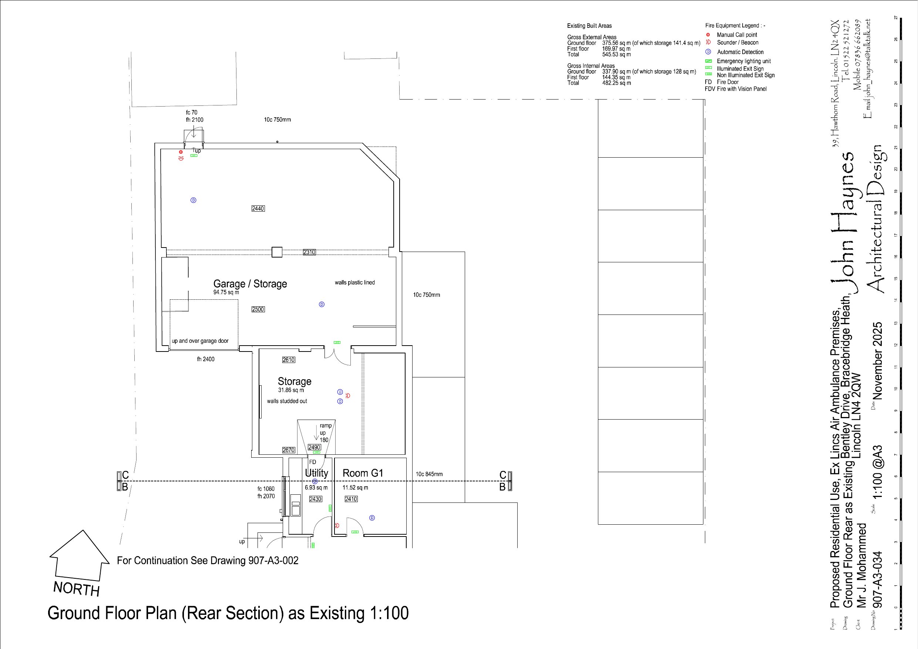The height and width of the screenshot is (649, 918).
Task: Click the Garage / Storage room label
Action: [250, 284]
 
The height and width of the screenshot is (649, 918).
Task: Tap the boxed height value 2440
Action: [258, 208]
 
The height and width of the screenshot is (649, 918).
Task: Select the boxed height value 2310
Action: [309, 252]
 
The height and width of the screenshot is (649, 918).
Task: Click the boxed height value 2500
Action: [258, 309]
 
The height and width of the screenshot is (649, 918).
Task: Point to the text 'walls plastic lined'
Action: [354, 283]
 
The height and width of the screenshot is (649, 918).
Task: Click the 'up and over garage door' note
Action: [200, 341]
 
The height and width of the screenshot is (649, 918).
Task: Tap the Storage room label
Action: [294, 381]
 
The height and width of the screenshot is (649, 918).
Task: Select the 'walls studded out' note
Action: [287, 401]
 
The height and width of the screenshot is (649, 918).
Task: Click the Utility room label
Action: [316, 473]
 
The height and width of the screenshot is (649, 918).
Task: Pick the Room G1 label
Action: [363, 473]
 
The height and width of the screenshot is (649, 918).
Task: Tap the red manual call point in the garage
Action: [181, 152]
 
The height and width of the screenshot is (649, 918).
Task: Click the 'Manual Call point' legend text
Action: [736, 35]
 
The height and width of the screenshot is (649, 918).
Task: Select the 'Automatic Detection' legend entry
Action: [740, 52]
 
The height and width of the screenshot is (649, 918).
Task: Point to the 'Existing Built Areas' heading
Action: [589, 26]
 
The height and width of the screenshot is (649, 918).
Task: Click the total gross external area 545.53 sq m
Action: [616, 54]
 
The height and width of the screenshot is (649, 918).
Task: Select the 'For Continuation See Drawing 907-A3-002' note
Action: [208, 561]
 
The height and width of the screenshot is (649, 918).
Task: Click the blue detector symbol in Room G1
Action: [372, 518]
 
